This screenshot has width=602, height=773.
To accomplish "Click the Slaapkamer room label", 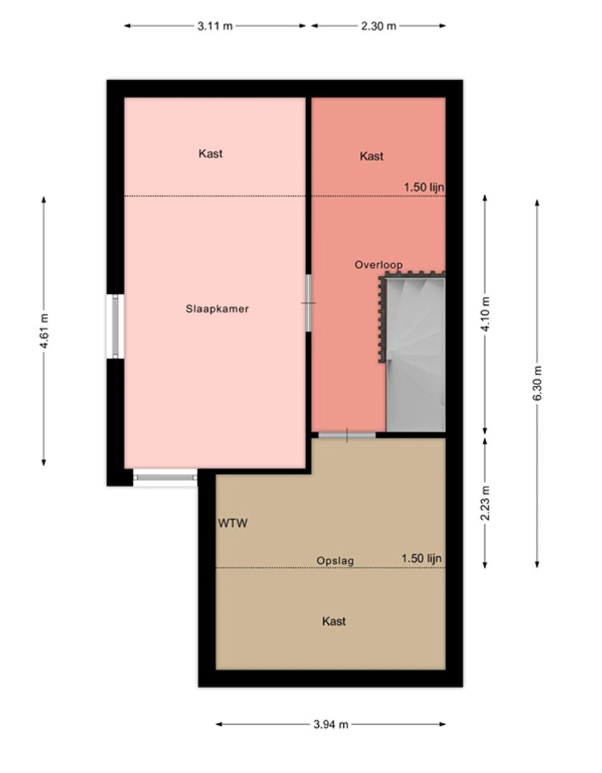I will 217,308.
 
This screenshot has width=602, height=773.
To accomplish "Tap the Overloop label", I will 378,265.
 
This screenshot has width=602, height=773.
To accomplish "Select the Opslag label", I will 335,560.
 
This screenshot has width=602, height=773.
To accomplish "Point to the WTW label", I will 232,523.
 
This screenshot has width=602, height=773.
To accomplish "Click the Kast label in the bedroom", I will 210,153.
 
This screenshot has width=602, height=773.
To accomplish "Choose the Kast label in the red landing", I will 371,156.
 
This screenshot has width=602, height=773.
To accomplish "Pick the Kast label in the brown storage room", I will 334,621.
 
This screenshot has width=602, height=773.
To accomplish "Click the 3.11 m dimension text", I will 214,26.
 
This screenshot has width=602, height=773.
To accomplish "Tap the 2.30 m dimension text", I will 378,26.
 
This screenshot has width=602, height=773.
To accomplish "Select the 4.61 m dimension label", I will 44,331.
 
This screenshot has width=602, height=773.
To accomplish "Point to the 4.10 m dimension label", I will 486,314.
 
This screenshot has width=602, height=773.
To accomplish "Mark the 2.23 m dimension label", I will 486,503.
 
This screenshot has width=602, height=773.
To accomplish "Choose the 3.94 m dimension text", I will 331,724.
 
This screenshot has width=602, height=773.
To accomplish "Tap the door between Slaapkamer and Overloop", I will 308,303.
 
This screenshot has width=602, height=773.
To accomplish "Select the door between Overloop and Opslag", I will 347,434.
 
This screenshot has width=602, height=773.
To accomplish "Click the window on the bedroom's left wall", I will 115,326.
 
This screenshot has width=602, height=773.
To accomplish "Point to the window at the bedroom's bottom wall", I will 165,477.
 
